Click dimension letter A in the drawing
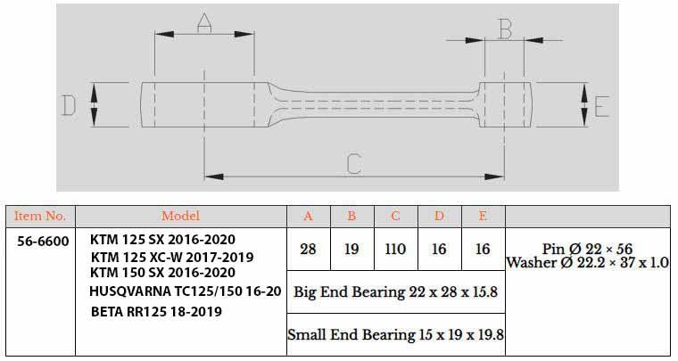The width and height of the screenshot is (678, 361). coord(203,21)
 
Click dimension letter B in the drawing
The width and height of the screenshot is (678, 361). coord(505,29)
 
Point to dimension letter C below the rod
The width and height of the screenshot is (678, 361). coord(354,163)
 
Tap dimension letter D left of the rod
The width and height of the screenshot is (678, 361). coord(70,106)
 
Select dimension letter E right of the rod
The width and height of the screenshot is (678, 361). coord(601,106)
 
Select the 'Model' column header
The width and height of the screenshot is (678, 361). coord(180,216)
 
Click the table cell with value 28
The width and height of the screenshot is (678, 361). coord(308,250)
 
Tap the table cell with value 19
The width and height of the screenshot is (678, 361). coord(351,250)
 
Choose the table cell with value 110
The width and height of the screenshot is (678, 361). coord(395,250)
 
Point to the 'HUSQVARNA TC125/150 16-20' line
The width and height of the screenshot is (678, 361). coord(186,291)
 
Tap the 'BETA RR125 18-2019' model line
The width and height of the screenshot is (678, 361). coord(156,312)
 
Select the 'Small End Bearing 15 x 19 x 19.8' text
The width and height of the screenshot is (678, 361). coord(396,335)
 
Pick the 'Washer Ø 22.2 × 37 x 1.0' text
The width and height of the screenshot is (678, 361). coord(587,263)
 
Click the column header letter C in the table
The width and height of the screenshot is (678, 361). coord(395,216)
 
